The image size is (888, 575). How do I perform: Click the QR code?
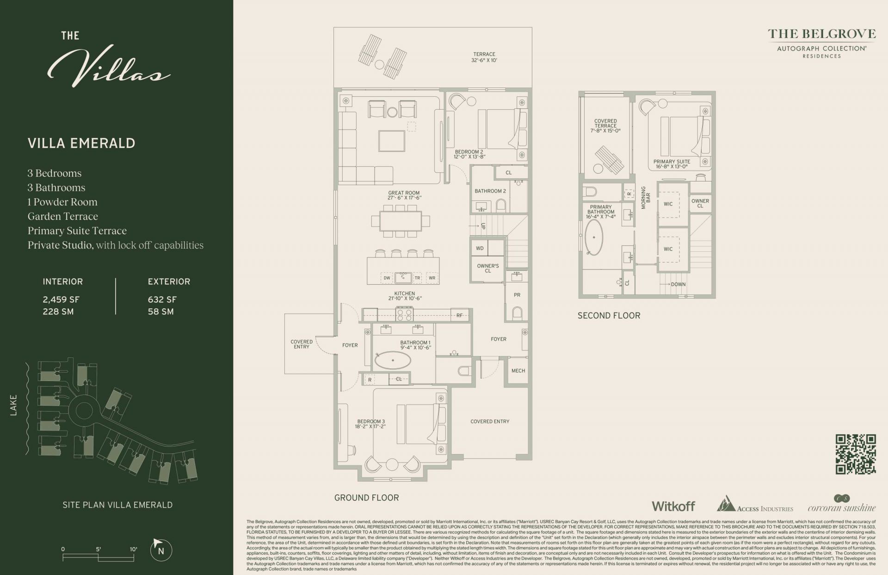pos(855,454)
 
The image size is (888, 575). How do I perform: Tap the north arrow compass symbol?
pos(161,550)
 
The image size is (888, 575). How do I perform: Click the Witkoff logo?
pos(673,506)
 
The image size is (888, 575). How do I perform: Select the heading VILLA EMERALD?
pos(81,143)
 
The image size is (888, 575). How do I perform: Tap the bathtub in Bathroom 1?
pos(393,360)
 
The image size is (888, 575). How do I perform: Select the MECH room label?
pos(518,370)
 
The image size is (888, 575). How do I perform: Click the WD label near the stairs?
pos(480,248)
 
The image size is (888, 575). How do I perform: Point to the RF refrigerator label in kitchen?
pos(459,315)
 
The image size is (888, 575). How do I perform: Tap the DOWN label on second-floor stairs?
pos(678,284)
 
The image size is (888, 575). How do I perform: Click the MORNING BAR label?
pos(646,198)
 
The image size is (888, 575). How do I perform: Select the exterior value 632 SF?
pos(162,300)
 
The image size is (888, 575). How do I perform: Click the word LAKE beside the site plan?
pos(13,405)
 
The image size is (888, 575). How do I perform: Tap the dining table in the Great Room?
pos(401,221)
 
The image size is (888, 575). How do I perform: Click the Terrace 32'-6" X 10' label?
pos(484,57)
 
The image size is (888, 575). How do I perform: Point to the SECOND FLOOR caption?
pos(609,315)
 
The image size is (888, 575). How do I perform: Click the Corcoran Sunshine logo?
pos(841,505)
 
